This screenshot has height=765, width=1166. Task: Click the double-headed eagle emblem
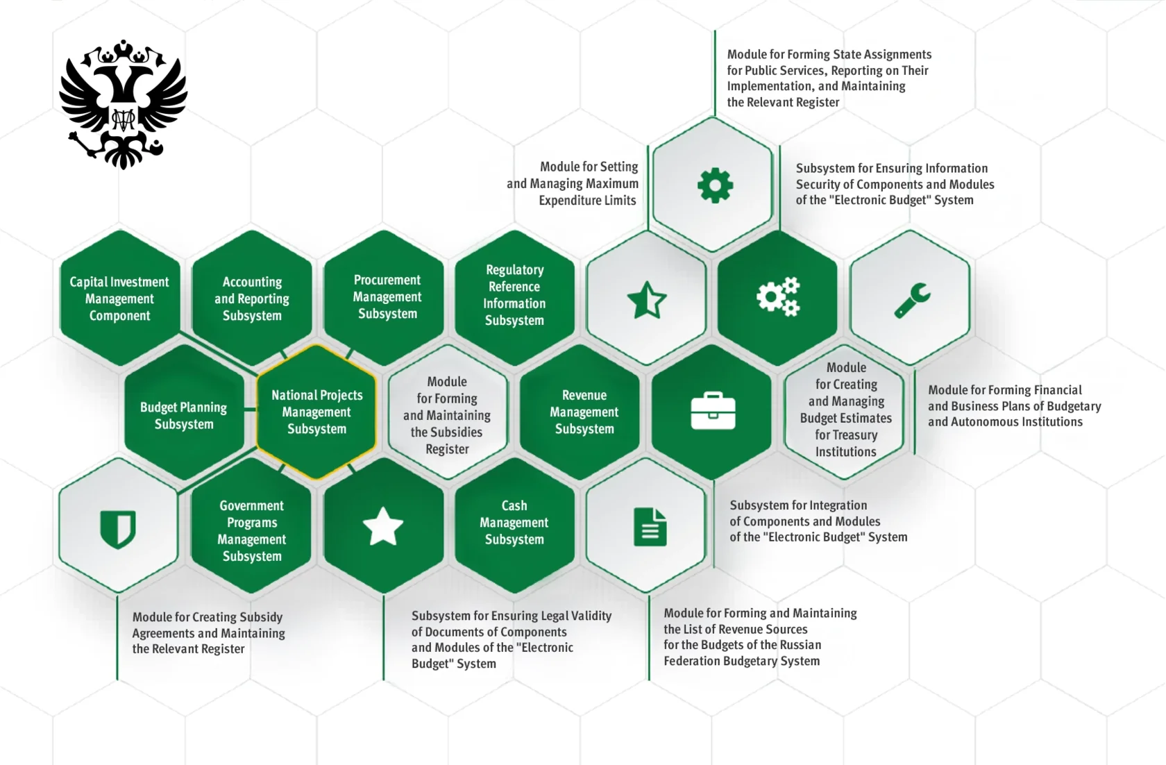123,104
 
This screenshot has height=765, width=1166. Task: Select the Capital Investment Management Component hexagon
119,298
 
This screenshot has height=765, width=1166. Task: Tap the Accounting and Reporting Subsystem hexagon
252,298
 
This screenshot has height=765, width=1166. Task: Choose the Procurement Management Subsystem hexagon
384,298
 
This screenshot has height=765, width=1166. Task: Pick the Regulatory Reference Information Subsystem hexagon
515,298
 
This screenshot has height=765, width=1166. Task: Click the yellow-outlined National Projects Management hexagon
316,412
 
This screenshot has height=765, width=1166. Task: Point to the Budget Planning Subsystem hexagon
185,412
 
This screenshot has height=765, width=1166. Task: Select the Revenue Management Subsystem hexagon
580,412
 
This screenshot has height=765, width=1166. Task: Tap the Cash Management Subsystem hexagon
515,526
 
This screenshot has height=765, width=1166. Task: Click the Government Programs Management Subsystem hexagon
251,526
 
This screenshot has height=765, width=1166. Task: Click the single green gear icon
715,185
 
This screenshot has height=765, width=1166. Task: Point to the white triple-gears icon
778,296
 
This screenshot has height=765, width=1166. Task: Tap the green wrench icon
912,300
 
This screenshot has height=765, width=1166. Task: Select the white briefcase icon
713,411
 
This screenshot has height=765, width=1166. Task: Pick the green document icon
650,527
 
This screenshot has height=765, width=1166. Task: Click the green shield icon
118,529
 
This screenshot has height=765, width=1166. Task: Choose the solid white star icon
383,526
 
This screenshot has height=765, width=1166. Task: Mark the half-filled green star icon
647,300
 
